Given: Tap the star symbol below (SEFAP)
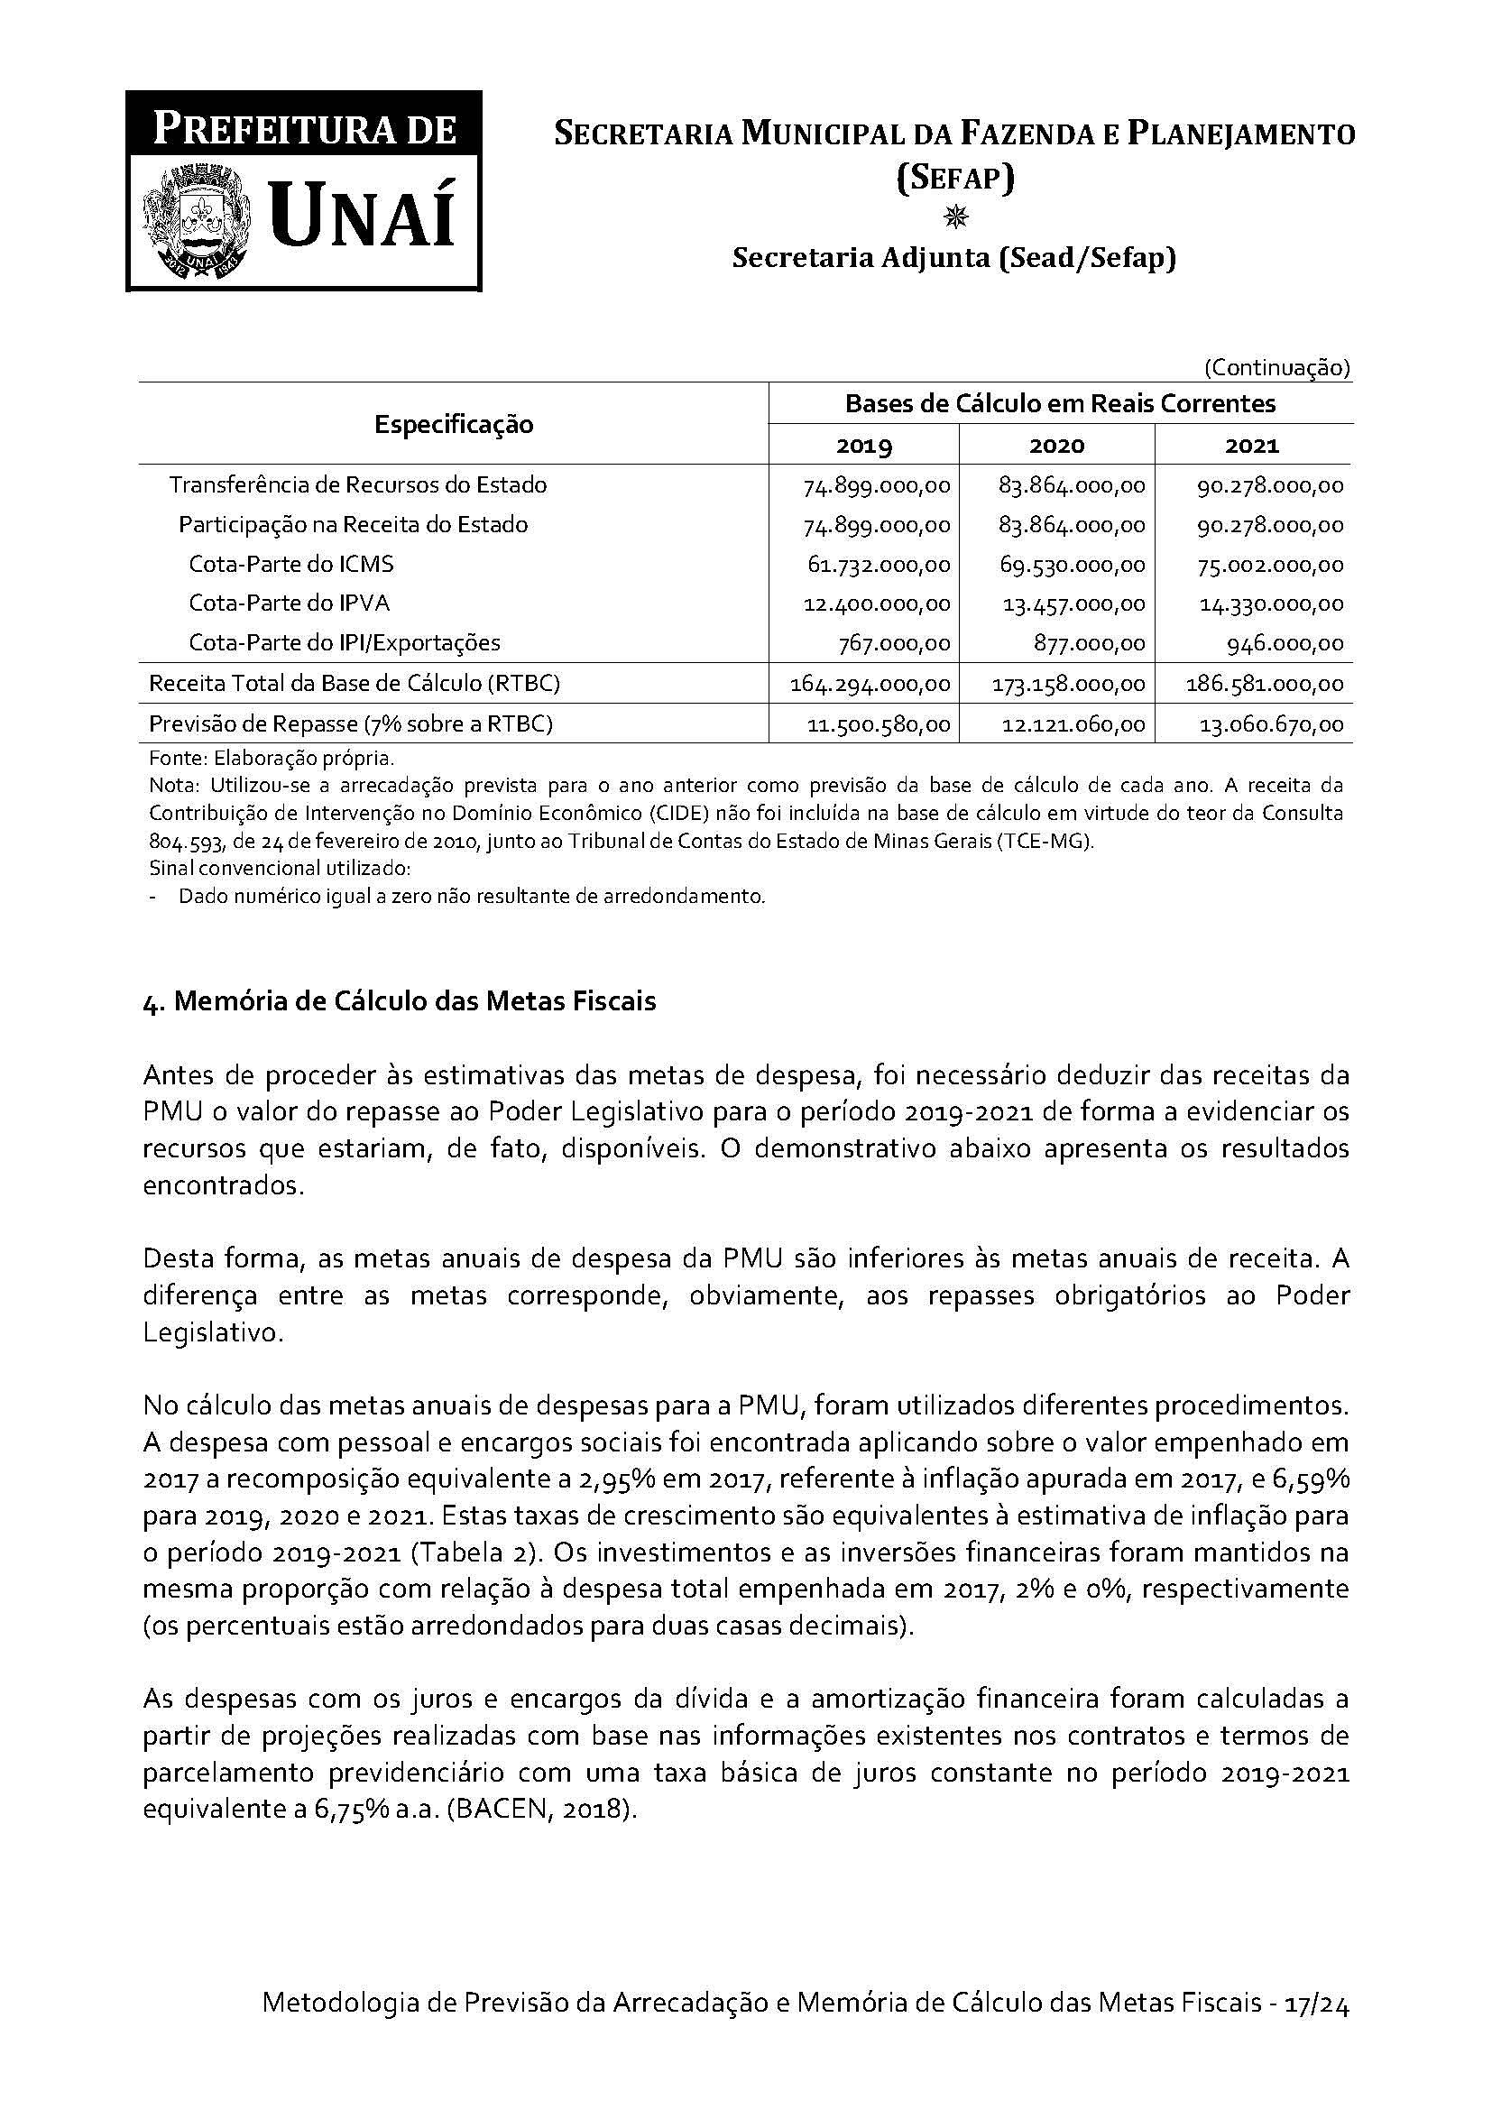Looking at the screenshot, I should pos(955,217).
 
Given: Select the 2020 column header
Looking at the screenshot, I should pos(1056,446).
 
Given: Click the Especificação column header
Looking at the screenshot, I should pos(454,425).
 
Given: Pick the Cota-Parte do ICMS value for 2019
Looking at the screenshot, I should pos(879,564).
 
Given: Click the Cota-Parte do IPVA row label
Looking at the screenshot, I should pos(290,603).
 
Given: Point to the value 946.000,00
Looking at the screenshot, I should pos(1285,643).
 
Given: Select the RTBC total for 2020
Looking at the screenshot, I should pos(1068,684).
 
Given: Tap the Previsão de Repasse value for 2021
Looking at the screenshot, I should pos(1272,724).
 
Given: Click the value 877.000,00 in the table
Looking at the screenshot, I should pos(1089,643).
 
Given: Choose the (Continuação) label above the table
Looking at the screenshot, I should pos(1277,369).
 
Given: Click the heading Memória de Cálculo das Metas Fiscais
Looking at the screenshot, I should pos(414,1000).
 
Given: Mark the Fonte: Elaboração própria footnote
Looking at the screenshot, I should pos(271,759).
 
